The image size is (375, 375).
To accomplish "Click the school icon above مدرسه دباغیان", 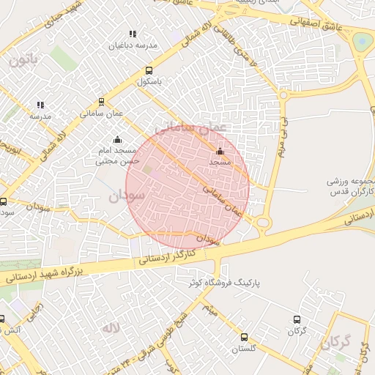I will (x=133, y=34).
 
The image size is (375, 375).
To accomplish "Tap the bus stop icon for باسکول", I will (x=149, y=71).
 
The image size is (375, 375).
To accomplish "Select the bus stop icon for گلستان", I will (x=244, y=338).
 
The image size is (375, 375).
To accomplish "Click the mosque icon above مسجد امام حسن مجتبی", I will (x=116, y=140).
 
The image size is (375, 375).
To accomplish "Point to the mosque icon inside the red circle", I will (x=220, y=152).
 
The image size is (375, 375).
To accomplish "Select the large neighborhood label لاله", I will (x=111, y=327).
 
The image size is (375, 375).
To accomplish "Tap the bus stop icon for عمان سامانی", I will (x=101, y=103).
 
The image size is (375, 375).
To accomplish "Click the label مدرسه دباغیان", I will (x=133, y=45).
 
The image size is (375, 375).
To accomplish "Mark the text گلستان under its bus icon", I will (x=243, y=349).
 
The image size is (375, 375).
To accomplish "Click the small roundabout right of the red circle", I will (x=263, y=222).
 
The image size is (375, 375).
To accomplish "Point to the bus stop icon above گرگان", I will (x=297, y=320).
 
